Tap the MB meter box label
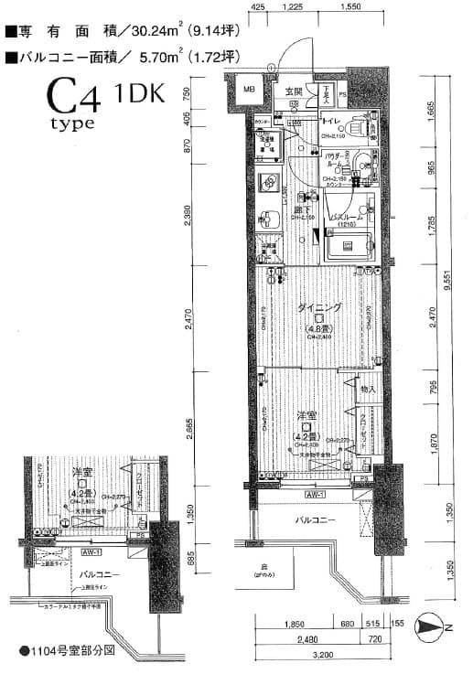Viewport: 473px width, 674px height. pos(248,90)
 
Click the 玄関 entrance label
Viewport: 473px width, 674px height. pos(293,91)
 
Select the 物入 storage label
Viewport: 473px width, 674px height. pos(367,389)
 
